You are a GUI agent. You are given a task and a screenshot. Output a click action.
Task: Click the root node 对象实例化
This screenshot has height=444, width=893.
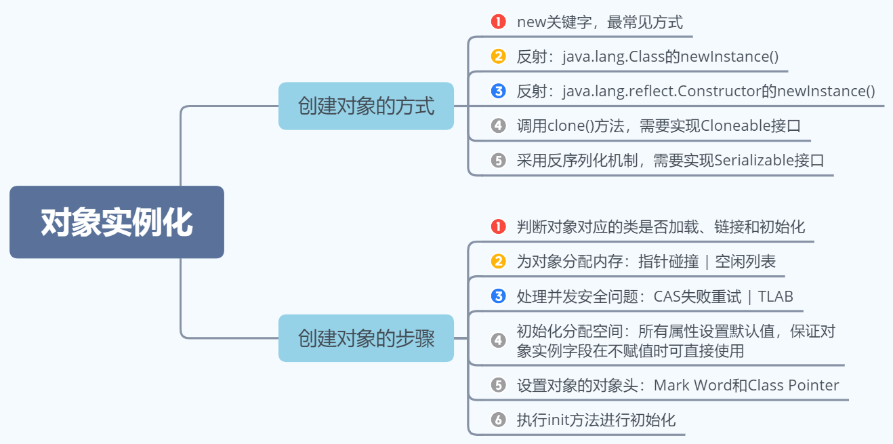click(117, 222)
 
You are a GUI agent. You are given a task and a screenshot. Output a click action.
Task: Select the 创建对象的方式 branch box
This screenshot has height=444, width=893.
click(366, 106)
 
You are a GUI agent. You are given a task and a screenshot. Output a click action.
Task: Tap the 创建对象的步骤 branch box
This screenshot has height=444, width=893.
click(366, 338)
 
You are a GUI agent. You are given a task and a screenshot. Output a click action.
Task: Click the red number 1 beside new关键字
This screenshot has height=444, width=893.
click(499, 22)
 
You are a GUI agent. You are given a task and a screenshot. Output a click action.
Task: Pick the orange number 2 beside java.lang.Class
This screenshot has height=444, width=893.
click(499, 57)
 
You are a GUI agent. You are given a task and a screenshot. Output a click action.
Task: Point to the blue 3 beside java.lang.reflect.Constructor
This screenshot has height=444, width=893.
click(499, 91)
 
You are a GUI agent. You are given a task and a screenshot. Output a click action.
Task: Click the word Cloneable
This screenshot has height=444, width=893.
click(730, 125)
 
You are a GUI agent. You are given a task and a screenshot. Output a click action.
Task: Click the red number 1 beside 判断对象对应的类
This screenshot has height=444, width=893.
click(499, 226)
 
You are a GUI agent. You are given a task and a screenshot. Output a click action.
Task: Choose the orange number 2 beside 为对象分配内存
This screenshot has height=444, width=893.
click(499, 262)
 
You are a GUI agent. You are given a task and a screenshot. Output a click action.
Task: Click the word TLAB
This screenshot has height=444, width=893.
click(776, 296)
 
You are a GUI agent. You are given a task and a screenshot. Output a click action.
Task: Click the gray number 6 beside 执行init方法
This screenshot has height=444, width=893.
click(499, 420)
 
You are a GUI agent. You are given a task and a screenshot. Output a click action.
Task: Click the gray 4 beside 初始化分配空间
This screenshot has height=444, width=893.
click(499, 341)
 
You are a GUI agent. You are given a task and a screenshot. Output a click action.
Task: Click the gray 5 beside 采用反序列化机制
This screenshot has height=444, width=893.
click(499, 161)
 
